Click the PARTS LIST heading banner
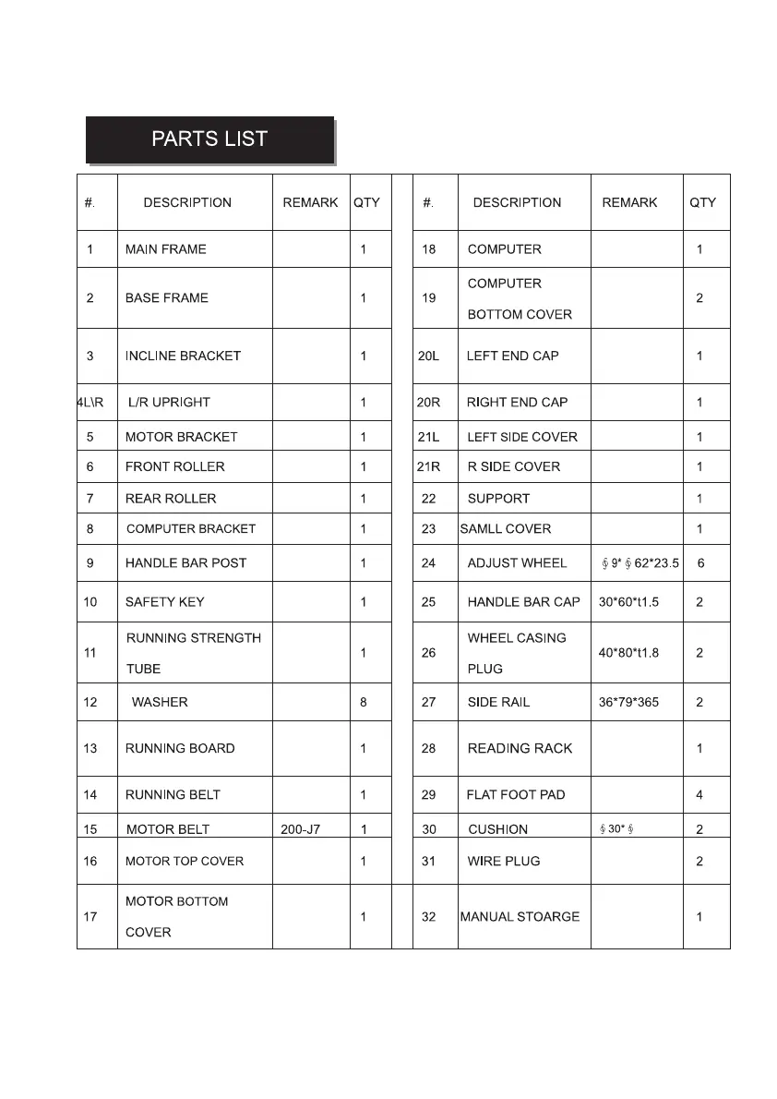pos(209,139)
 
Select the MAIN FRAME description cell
pos(166,249)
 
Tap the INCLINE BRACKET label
pos(183,356)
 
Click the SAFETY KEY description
pos(165,602)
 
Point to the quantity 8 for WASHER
pos(364,702)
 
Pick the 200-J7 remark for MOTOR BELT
pos(300,829)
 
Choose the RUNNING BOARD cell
pos(180,748)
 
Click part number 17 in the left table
pos(90,917)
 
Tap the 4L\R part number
pos(90,403)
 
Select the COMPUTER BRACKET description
pos(191,529)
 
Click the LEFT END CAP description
pos(512,356)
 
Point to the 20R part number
pos(428,403)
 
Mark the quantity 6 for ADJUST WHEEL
pos(701,563)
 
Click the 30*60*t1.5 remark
pos(628,602)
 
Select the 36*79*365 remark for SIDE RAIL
pos(628,702)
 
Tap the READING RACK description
pos(520,748)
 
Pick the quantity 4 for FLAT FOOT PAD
pos(699,794)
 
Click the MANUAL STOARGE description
pos(520,917)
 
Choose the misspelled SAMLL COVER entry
pos(505,529)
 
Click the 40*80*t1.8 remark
pos(628,653)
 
